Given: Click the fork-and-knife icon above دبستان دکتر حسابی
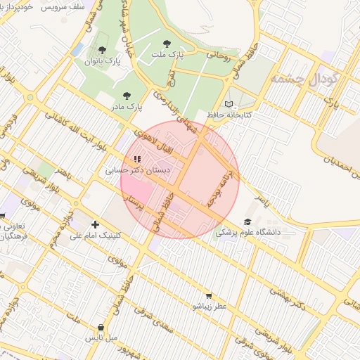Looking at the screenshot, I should (x=137, y=159).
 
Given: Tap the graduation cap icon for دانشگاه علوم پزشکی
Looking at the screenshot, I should (x=247, y=221).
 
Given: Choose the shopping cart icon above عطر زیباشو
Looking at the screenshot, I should (x=208, y=296).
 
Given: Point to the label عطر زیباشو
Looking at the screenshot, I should (x=208, y=307).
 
